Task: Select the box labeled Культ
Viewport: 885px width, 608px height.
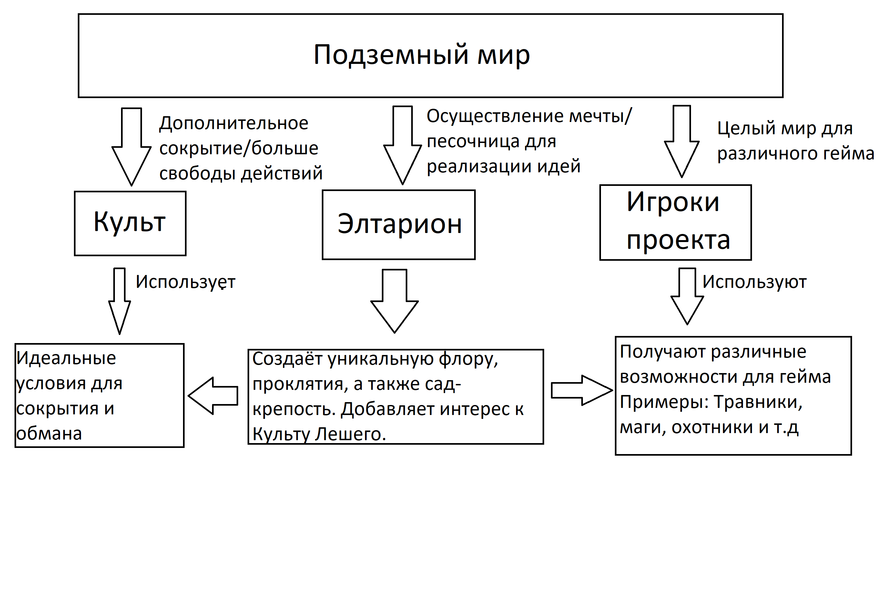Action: tap(130, 223)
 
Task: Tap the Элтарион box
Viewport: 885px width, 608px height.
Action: tap(399, 224)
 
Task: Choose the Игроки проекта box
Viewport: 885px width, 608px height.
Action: tap(675, 222)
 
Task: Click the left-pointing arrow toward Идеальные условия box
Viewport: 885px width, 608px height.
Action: tap(213, 396)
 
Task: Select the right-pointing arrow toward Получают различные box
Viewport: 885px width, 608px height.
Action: tap(581, 390)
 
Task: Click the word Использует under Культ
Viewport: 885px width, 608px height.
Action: tap(186, 282)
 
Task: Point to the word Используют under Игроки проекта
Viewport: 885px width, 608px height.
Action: tap(754, 282)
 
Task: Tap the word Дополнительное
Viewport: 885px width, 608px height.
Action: tap(234, 123)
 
